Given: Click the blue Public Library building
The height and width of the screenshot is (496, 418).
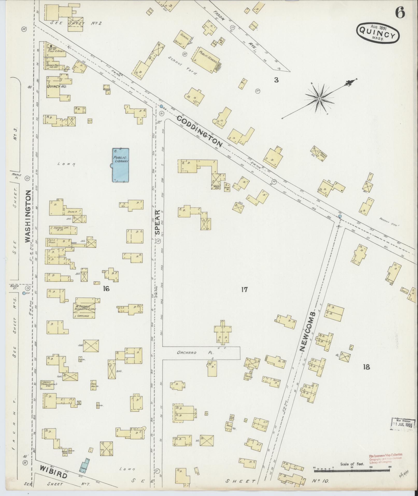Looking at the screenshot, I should pos(121,165).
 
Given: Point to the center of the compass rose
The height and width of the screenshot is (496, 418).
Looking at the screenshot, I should pos(320,99).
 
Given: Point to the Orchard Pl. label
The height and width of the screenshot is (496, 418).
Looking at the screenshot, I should pos(187,353).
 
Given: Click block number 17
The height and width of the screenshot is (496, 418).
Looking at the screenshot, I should pos(244,289).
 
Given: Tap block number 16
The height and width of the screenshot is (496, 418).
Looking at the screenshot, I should pos(106,289).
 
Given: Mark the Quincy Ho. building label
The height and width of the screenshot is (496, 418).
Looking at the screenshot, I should pos(56,87).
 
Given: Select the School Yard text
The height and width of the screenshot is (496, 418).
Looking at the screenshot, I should pos(182,66).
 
